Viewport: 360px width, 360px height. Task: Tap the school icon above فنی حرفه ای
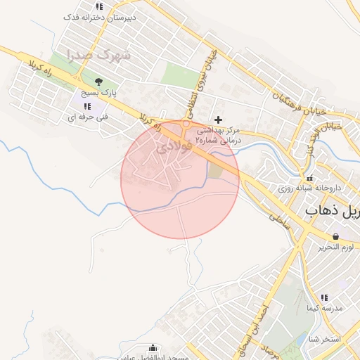[86, 106]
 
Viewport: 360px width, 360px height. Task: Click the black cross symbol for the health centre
[219, 120]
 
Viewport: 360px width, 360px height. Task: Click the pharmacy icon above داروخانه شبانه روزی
[309, 178]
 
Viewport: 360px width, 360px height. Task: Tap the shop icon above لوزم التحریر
[335, 236]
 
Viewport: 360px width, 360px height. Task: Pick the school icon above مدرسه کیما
[324, 297]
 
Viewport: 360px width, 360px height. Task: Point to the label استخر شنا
[323, 340]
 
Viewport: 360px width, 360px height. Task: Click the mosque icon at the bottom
[153, 347]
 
